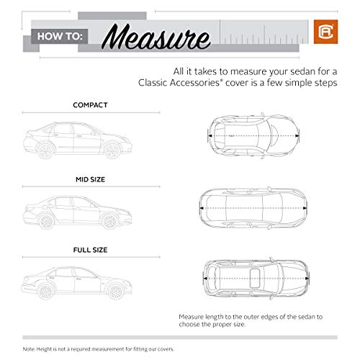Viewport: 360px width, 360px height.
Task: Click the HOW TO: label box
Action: (x=57, y=33)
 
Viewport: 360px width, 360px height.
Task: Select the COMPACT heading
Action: (x=90, y=104)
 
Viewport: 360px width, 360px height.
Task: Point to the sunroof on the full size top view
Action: (x=256, y=277)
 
